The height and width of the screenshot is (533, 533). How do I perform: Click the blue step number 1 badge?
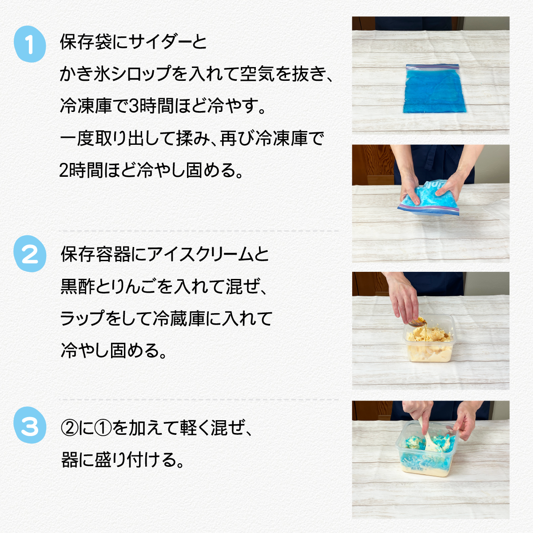pyautogui.click(x=30, y=44)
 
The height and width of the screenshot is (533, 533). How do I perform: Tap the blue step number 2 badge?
pyautogui.click(x=30, y=254)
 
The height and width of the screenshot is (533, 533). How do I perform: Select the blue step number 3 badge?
pyautogui.click(x=30, y=425)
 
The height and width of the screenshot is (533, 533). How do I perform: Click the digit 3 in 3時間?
pyautogui.click(x=134, y=106)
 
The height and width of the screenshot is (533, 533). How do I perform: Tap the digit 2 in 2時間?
pyautogui.click(x=64, y=170)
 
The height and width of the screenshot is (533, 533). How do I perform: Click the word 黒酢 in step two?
pyautogui.click(x=78, y=286)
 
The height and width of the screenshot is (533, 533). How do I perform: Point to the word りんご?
pyautogui.click(x=130, y=286)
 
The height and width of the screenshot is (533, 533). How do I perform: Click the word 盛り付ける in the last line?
pyautogui.click(x=137, y=460)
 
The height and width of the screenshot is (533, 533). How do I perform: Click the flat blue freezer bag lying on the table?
pyautogui.click(x=434, y=88)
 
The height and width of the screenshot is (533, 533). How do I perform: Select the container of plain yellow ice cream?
pyautogui.click(x=429, y=338)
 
